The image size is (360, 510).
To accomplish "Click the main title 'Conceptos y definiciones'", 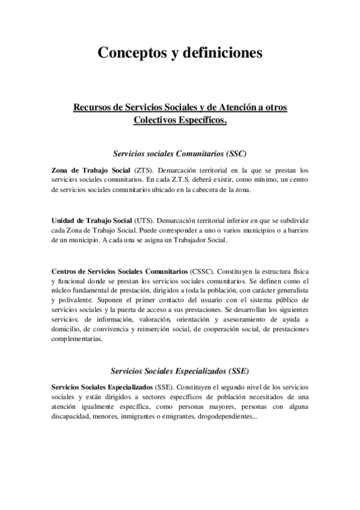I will (180, 53).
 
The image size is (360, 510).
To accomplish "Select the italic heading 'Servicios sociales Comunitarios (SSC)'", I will (180, 153).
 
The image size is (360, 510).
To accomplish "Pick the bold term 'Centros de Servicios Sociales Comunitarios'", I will (119, 272).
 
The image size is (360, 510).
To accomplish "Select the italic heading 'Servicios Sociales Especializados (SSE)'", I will (180, 370).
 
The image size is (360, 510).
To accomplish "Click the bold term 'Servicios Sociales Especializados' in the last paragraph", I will (102, 387).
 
